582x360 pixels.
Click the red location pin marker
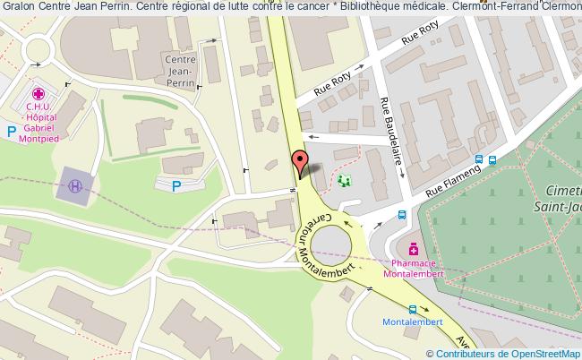pyautogui.click(x=298, y=164)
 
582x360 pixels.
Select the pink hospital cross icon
pyautogui.click(x=39, y=93)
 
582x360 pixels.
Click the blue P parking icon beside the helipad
pyautogui.click(x=175, y=186)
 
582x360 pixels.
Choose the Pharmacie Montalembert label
pyautogui.click(x=414, y=268)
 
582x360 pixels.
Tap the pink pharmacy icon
pyautogui.click(x=413, y=248)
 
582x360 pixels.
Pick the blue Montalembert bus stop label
pyautogui.click(x=413, y=321)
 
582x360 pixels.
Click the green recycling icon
pyautogui.click(x=346, y=181)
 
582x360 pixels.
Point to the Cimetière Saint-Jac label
pyautogui.click(x=561, y=199)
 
